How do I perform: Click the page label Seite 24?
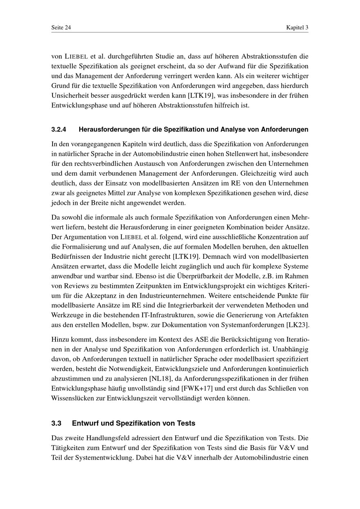coord(61,28)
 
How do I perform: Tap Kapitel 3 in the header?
coord(297,28)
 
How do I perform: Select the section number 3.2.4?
coord(59,129)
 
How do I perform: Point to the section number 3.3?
coord(57,423)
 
